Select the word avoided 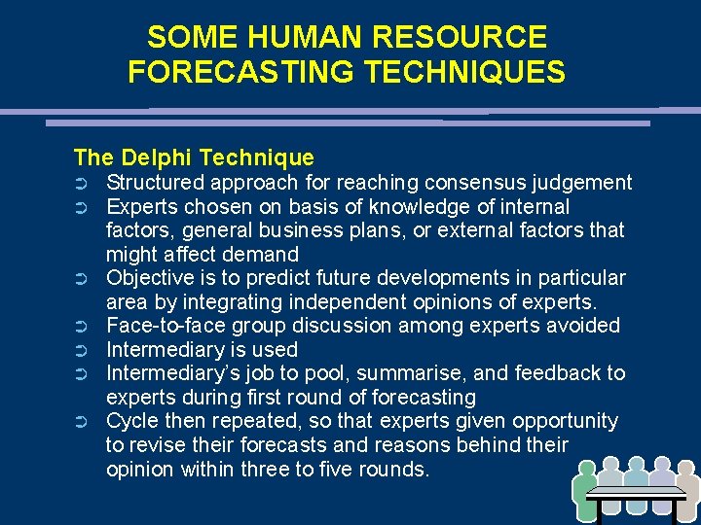pyautogui.click(x=585, y=326)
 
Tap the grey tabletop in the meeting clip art pyautogui.click(x=637, y=493)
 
